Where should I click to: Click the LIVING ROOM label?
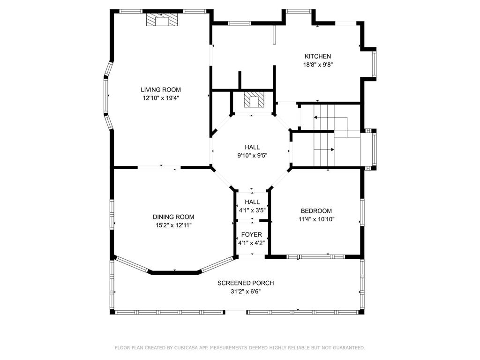pos(161,90)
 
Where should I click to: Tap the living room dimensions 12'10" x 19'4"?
pos(161,98)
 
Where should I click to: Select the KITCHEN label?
pos(318,56)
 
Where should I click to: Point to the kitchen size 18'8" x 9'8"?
pos(318,65)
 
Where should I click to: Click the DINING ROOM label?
pos(173,217)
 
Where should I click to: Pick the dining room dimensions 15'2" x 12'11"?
pos(173,225)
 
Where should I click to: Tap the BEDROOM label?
pos(316,211)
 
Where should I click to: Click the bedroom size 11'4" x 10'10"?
pos(316,219)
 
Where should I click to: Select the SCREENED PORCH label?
pos(246,283)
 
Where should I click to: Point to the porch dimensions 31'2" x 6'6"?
pos(246,292)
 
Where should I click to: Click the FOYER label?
pos(252,234)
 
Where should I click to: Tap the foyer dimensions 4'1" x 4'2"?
pos(252,243)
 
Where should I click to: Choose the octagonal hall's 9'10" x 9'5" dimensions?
pos(252,156)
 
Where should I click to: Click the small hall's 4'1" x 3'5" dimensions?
pos(252,210)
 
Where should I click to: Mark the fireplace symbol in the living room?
pos(161,20)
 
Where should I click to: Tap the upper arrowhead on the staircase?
pos(315,117)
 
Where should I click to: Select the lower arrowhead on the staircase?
pos(332,150)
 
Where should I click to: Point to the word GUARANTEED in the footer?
pos(351,348)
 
